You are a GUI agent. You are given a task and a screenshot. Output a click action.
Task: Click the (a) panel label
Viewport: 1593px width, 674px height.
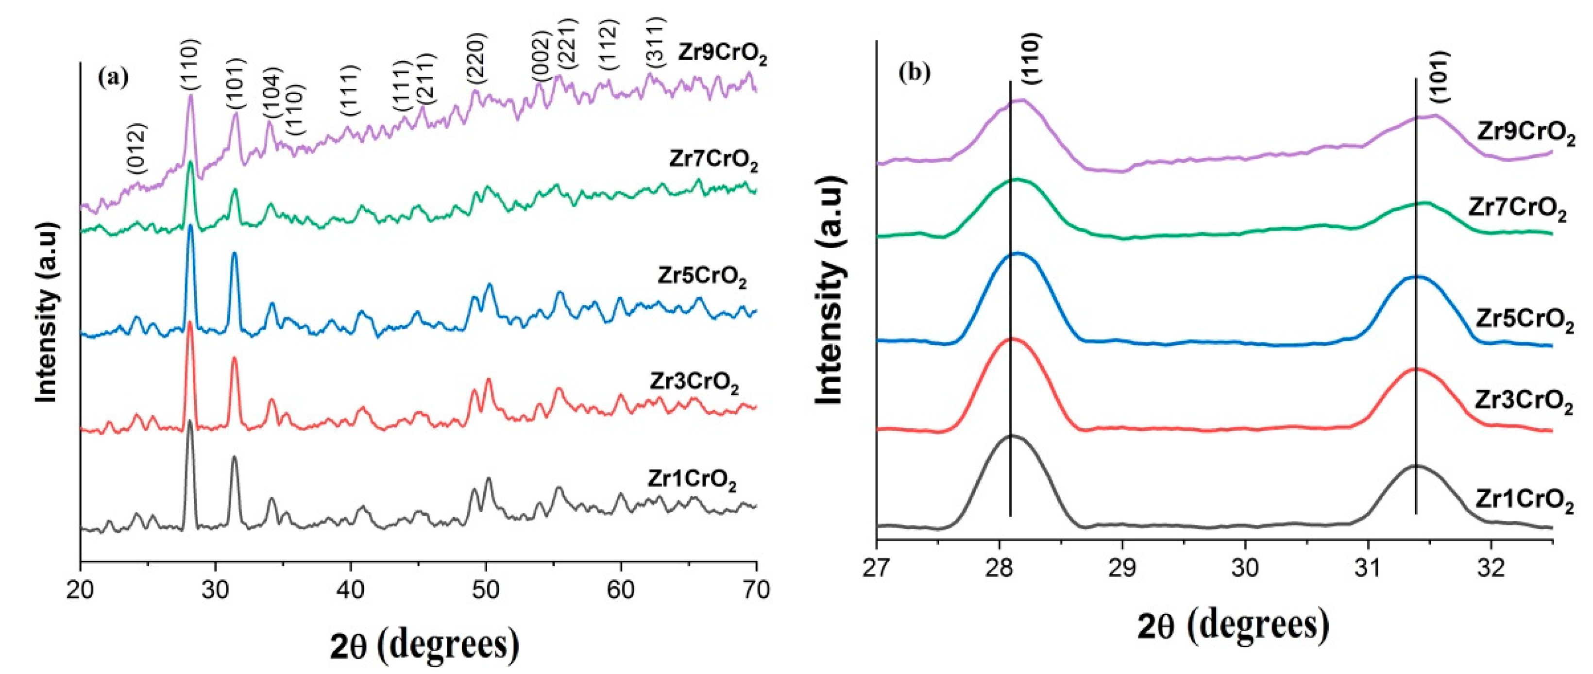coord(113,79)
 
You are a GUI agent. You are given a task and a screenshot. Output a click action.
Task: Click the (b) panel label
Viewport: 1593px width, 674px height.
coord(914,73)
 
